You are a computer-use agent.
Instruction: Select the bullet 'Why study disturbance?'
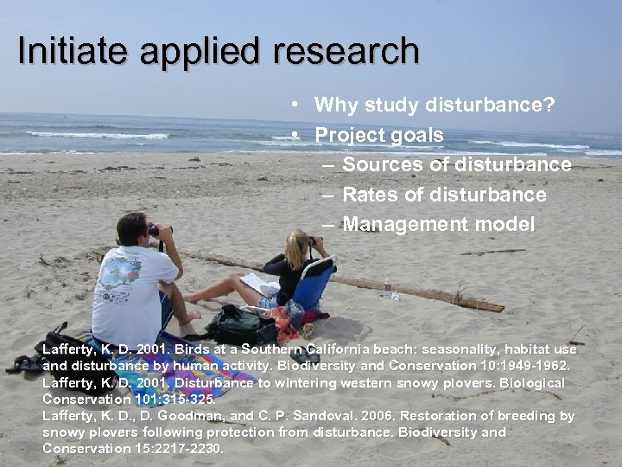[435, 106]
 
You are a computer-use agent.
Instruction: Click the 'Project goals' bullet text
[378, 135]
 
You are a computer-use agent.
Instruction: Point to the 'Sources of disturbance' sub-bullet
[456, 164]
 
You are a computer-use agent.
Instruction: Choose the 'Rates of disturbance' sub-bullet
[444, 195]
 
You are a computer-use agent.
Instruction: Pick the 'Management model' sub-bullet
[438, 225]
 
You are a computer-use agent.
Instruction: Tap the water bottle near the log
[387, 288]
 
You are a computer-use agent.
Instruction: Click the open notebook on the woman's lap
[260, 285]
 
